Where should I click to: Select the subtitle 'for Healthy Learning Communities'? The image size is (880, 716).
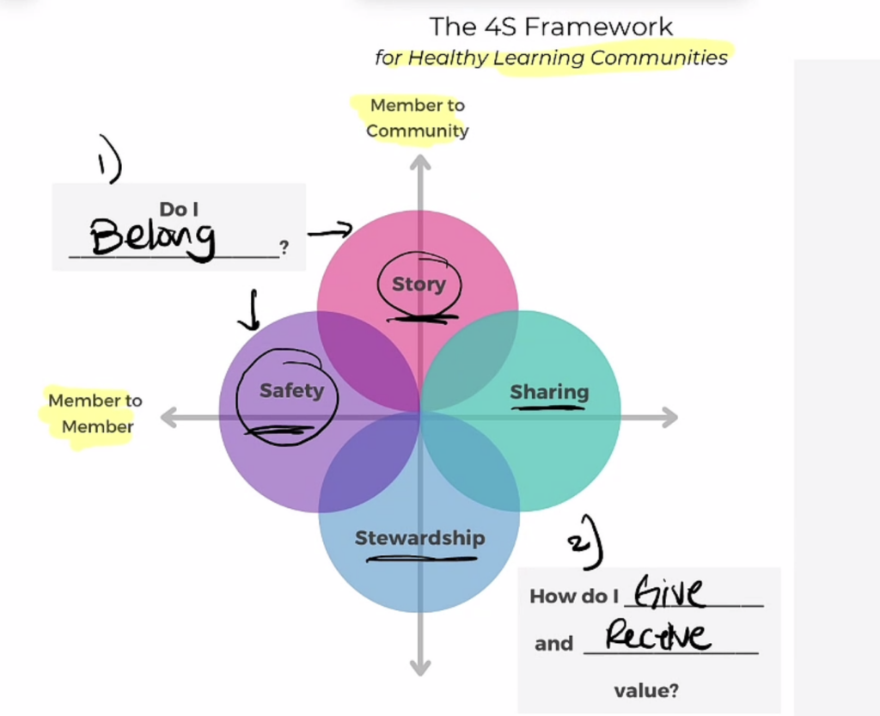[x=551, y=58]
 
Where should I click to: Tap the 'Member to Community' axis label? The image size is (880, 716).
[x=418, y=118]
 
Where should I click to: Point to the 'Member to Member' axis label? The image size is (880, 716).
[x=95, y=413]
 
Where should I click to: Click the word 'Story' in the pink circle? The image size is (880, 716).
[x=419, y=285]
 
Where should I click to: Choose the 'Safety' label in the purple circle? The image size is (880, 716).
[x=291, y=391]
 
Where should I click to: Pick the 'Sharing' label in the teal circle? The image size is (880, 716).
[x=549, y=393]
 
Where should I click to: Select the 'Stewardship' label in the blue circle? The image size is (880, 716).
[x=419, y=539]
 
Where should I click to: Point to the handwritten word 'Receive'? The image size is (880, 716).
[x=658, y=637]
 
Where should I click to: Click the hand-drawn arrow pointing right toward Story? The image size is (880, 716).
[x=330, y=230]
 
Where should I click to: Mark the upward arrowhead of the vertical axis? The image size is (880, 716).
[x=419, y=162]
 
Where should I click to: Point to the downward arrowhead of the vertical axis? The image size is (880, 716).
[x=419, y=667]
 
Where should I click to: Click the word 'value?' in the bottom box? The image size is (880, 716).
[x=645, y=689]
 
